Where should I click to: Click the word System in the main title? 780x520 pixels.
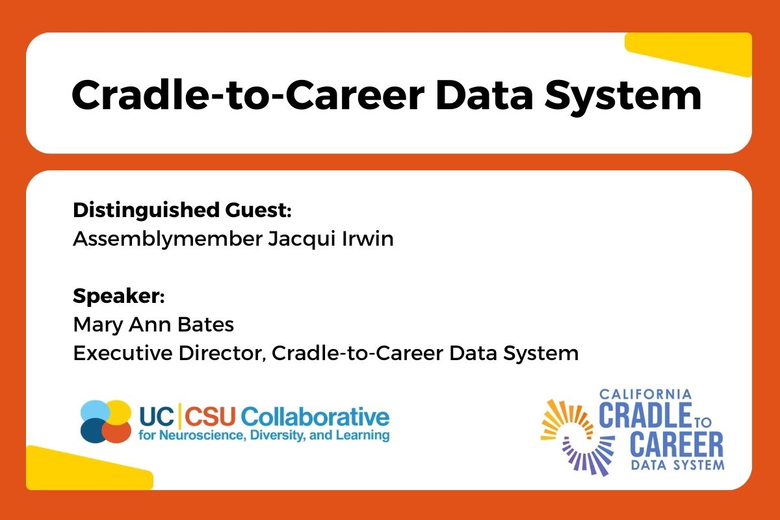[623, 96]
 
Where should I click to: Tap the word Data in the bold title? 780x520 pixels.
[484, 95]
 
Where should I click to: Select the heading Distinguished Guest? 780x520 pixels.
[182, 211]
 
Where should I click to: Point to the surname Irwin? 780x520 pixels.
[368, 239]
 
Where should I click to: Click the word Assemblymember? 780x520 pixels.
[168, 240]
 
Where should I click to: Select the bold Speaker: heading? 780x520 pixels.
[119, 297]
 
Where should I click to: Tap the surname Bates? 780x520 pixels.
[206, 324]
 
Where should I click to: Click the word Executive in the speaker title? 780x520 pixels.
[123, 353]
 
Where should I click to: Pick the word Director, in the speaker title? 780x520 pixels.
[222, 354]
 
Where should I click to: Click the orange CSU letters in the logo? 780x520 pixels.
[210, 416]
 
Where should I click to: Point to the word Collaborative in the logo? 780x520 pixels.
[315, 416]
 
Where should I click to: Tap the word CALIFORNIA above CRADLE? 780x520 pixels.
[645, 395]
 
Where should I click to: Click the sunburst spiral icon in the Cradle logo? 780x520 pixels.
[577, 437]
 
